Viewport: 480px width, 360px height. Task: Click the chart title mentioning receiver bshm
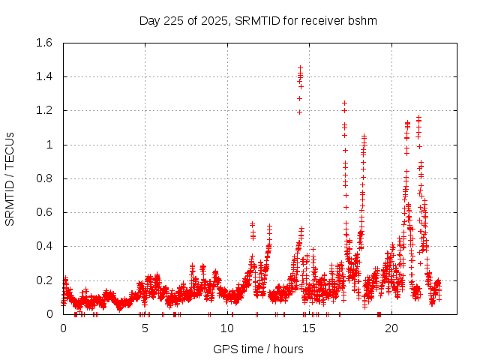click(258, 20)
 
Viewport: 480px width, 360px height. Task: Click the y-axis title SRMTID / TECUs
click(10, 179)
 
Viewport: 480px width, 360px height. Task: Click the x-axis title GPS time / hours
click(258, 349)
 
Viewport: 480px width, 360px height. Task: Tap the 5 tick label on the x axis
click(145, 328)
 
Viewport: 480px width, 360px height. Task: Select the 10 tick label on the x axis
click(227, 328)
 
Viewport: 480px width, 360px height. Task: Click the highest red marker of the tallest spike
click(301, 67)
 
